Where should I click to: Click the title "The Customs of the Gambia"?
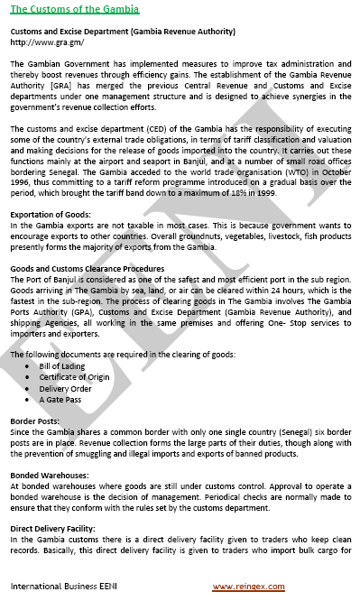pyautogui.click(x=74, y=9)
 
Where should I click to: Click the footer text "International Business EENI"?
pyautogui.click(x=62, y=587)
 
